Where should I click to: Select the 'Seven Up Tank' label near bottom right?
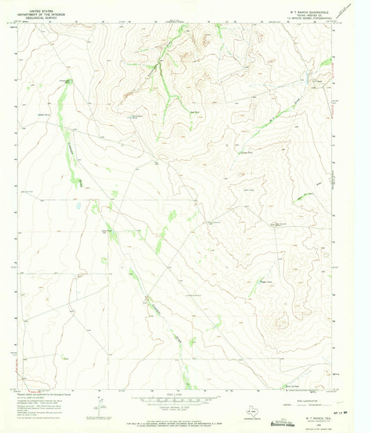click(294, 387)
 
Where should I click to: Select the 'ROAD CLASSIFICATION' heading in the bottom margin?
click(306, 397)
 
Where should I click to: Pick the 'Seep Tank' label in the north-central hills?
click(196, 111)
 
